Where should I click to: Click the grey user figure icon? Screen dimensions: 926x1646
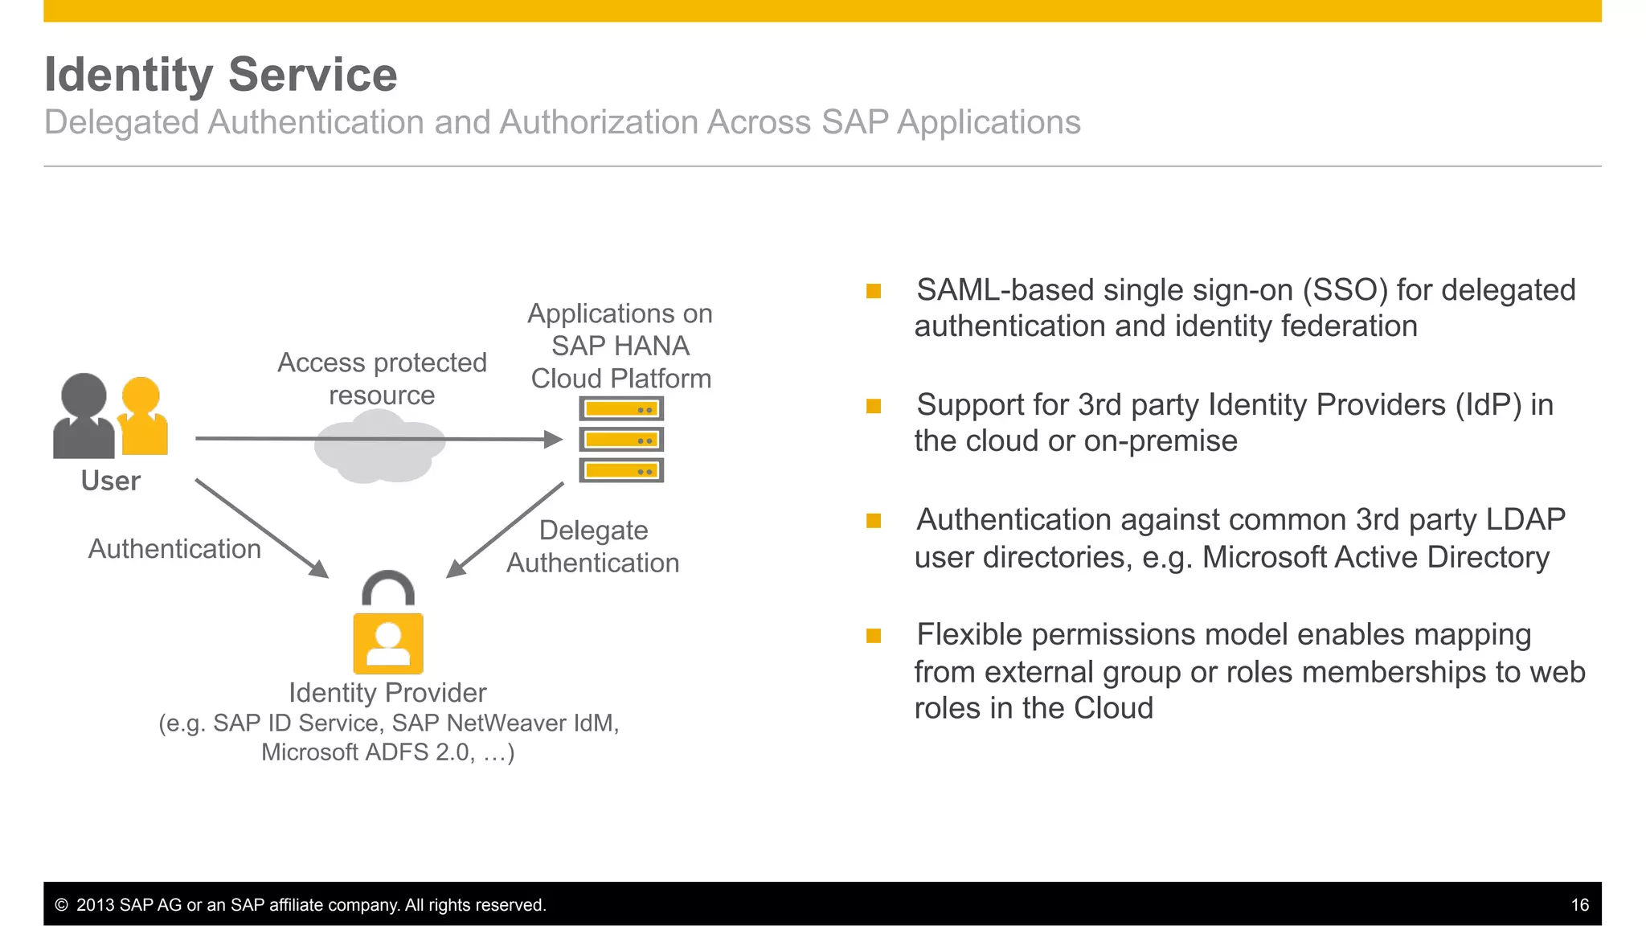tap(84, 416)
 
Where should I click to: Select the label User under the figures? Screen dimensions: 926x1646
tap(111, 481)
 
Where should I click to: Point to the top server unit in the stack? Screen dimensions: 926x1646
tap(621, 409)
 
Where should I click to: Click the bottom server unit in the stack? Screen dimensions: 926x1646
tap(621, 470)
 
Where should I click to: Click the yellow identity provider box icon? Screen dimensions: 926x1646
tap(388, 643)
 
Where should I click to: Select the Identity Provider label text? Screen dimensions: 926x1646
tap(387, 692)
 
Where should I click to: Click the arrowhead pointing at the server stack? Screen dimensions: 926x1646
tap(553, 439)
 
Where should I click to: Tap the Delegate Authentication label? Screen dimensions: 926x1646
tap(593, 547)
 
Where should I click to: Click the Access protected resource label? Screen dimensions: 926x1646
tap(382, 379)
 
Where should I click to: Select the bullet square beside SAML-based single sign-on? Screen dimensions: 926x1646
tap(874, 291)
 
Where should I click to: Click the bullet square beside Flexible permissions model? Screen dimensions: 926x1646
tap(874, 636)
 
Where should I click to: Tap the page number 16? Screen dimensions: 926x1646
tap(1579, 905)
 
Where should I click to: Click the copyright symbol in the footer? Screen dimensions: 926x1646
tap(61, 905)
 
